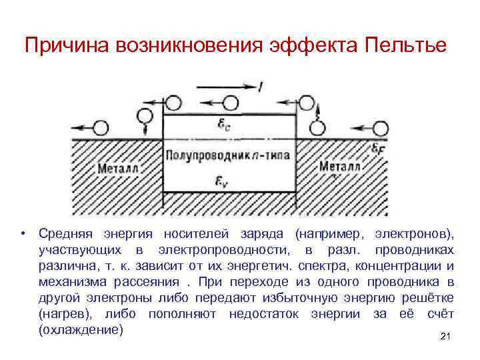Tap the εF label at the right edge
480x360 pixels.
[x=377, y=147]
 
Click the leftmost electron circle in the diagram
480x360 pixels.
[x=103, y=127]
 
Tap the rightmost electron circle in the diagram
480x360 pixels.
[x=381, y=127]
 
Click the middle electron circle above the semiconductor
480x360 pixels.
[x=230, y=103]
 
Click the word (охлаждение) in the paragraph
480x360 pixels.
[x=81, y=330]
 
